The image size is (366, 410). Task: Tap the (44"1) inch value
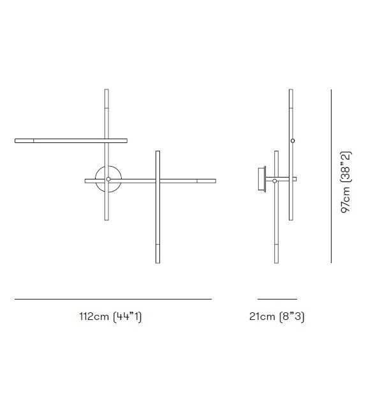[127, 317]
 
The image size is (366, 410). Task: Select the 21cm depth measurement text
[262, 317]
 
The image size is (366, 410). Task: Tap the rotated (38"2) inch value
[346, 166]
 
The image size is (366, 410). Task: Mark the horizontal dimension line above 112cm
[113, 299]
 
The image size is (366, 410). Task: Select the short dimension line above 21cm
[277, 299]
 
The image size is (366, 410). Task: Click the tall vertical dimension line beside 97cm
[331, 176]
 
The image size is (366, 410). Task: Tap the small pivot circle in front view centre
[108, 179]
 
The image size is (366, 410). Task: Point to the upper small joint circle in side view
[292, 140]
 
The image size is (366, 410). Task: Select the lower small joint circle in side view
[275, 181]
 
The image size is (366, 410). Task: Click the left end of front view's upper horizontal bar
[17, 140]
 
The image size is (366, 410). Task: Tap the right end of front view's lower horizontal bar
[214, 181]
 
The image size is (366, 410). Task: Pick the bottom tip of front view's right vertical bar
[157, 261]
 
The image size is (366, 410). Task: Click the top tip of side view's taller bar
[291, 91]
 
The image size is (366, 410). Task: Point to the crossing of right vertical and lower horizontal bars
[157, 181]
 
